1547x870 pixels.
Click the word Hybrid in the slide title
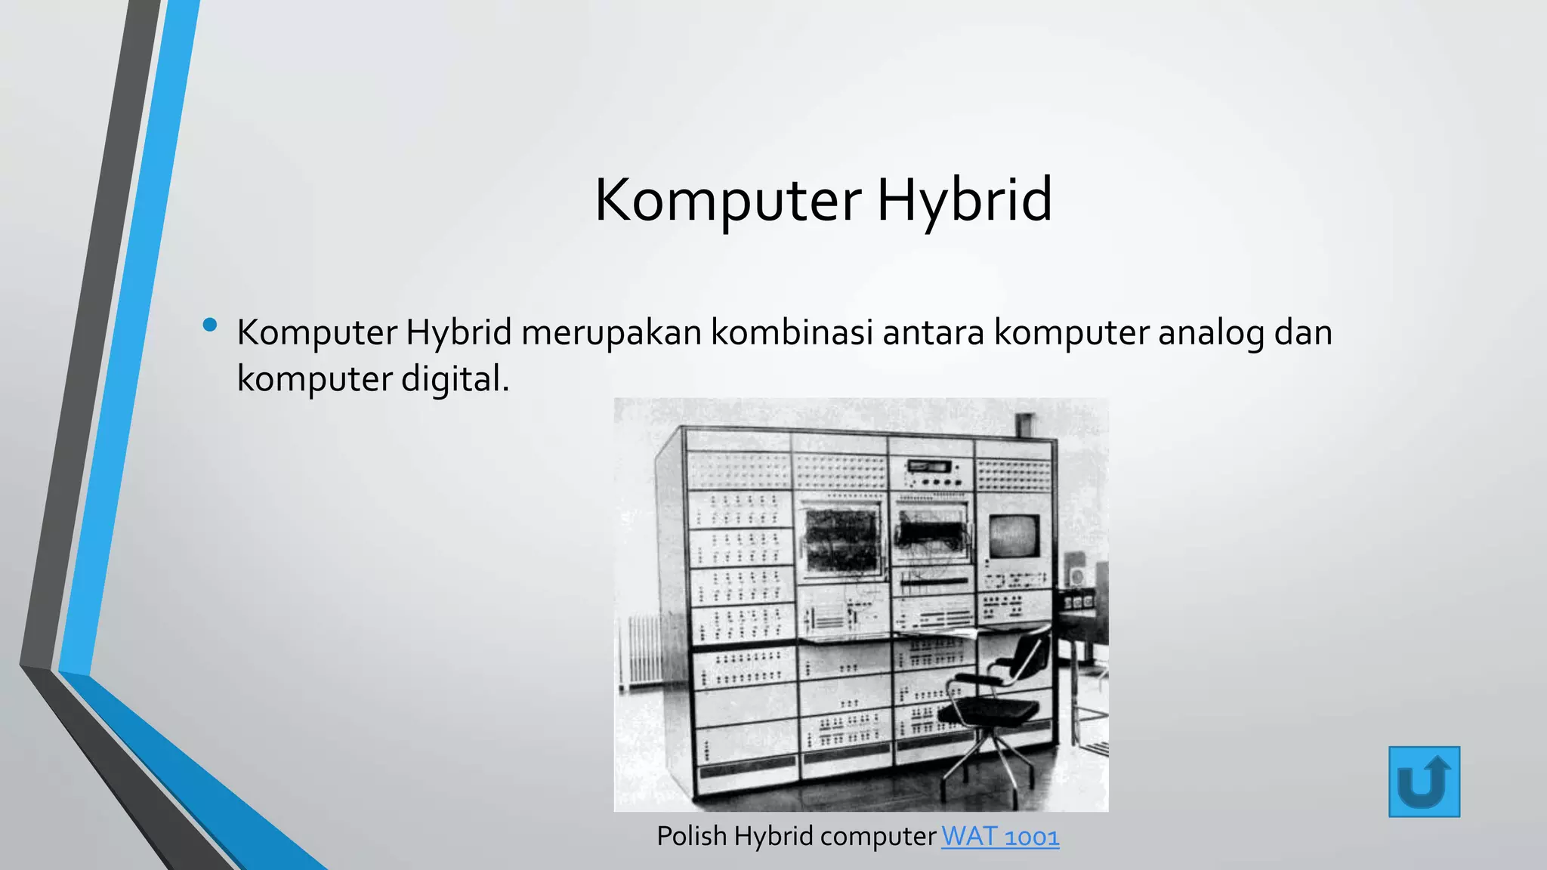964,200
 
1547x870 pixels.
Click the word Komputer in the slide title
727,200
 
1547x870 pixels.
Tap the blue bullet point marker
210,325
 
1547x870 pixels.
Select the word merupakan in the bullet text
611,332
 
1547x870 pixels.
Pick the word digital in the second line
455,378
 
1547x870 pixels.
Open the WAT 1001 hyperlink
1000,837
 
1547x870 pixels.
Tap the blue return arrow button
1424,782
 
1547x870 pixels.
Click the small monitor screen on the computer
1014,537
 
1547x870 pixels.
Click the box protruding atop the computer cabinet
1025,425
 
